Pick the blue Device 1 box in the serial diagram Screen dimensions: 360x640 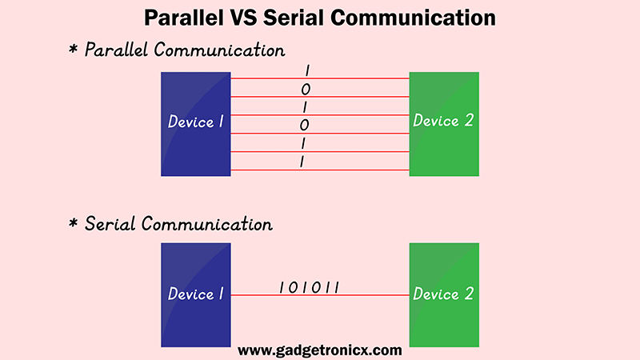[196, 294]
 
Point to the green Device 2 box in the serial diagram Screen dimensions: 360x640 [444, 294]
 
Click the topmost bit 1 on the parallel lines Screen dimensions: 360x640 [307, 71]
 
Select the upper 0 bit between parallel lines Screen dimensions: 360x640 [306, 90]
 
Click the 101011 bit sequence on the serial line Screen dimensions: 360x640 [310, 286]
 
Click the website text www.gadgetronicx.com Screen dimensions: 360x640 [320, 350]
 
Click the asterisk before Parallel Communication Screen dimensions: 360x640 [74, 51]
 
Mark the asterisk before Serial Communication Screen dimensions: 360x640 [74, 224]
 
